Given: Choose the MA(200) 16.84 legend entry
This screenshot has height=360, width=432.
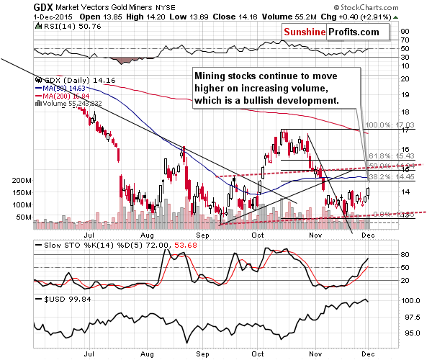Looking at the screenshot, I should coord(66,95).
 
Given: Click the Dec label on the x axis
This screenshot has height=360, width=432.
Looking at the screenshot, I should coord(368,235).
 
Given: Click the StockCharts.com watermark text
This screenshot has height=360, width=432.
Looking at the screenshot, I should coord(394,5).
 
